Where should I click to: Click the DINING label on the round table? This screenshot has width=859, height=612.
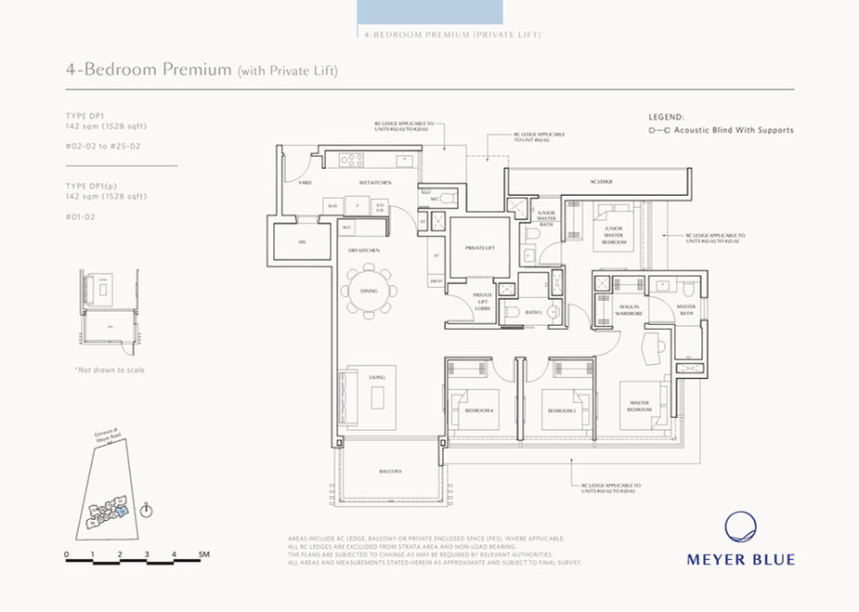click(x=369, y=292)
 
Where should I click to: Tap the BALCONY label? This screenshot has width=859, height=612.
click(x=390, y=472)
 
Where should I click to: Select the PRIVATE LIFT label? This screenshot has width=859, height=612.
click(x=478, y=248)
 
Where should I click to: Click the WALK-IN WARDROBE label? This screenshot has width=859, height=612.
click(x=629, y=310)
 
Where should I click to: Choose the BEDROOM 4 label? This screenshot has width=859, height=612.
click(x=477, y=410)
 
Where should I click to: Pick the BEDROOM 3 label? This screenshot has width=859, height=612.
click(x=562, y=410)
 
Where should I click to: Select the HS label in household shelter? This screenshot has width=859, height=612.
click(x=302, y=242)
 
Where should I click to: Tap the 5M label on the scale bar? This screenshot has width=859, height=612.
click(x=204, y=554)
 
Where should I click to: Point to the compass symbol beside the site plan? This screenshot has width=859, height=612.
click(x=147, y=509)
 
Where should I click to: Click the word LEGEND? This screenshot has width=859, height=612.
click(x=666, y=118)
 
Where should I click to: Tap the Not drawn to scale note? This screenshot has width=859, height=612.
click(x=110, y=370)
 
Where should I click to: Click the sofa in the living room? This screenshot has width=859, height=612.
click(x=347, y=397)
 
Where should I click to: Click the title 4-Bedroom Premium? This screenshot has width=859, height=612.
click(x=150, y=70)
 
